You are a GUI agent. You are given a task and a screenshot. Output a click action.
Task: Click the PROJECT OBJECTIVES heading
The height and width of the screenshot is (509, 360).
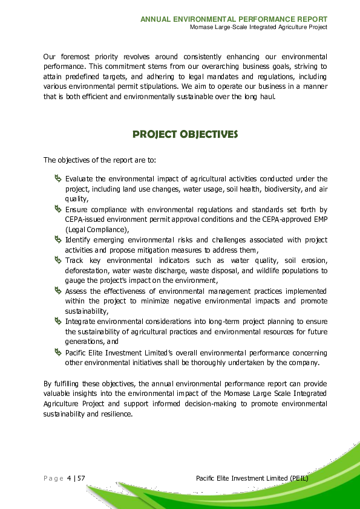pyautogui.click(x=185, y=134)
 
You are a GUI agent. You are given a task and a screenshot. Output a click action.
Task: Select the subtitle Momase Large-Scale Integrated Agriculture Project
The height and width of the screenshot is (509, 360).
pyautogui.click(x=258, y=28)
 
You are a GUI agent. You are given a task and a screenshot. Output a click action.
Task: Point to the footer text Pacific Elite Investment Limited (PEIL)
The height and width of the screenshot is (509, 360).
pyautogui.click(x=252, y=479)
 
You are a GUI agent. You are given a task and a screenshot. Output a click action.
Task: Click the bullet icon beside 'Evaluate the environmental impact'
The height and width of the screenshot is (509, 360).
pyautogui.click(x=57, y=178)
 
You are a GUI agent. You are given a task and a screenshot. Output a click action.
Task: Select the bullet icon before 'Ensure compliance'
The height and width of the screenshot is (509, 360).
pyautogui.click(x=57, y=209)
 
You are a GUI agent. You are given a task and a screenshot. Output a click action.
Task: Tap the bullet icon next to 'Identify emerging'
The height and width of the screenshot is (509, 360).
pyautogui.click(x=57, y=239)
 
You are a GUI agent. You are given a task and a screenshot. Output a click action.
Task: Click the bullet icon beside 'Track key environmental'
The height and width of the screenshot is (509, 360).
pyautogui.click(x=57, y=260)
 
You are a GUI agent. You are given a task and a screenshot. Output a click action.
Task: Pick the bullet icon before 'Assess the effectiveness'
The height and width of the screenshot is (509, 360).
pyautogui.click(x=57, y=290)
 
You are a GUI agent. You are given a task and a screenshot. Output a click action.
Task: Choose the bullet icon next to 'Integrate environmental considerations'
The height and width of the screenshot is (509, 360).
pyautogui.click(x=57, y=321)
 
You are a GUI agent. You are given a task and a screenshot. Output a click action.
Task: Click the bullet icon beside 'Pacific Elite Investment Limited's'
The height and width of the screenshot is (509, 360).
pyautogui.click(x=57, y=352)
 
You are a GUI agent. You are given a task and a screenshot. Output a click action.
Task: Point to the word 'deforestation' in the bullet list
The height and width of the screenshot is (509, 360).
pyautogui.click(x=85, y=271)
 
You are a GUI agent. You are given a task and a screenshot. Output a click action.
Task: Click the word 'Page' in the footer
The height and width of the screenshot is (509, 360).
pyautogui.click(x=53, y=479)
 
